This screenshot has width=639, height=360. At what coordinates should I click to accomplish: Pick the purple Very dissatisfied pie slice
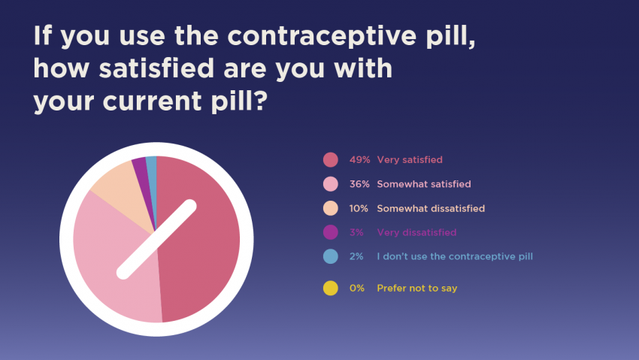pos(140,170)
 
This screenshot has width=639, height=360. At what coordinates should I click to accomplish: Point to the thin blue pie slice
pos(152,167)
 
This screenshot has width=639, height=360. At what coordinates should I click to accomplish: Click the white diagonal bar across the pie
pos(156,238)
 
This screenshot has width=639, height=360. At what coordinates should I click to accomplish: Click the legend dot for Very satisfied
pos(331,160)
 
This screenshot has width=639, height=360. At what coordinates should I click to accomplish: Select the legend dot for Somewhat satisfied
pos(331,184)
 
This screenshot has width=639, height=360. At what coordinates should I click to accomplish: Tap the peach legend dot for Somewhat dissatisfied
pos(331,208)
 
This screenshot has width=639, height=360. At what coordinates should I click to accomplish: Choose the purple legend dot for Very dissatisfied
pos(331,232)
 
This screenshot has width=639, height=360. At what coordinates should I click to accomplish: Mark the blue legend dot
pos(331,256)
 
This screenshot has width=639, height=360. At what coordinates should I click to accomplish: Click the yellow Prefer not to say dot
pos(331,288)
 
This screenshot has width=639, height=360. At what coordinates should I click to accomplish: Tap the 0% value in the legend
pos(356,288)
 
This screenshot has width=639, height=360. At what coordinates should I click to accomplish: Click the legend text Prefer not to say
pos(416,288)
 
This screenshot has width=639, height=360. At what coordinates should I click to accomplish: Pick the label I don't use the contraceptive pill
pos(454,256)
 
